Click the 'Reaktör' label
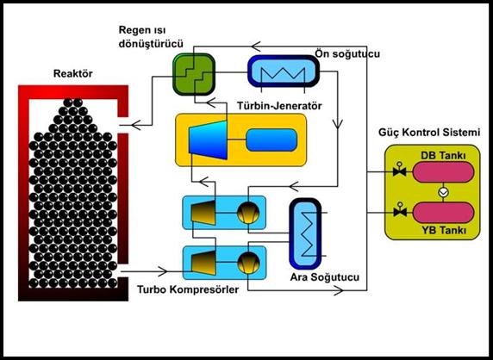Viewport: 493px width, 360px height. [x=72, y=74]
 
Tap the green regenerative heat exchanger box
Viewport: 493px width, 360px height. [x=194, y=74]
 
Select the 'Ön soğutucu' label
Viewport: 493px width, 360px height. [x=347, y=53]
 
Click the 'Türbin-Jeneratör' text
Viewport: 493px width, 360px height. [x=279, y=106]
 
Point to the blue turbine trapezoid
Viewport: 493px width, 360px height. [x=208, y=140]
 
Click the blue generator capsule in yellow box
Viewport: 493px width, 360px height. [x=271, y=140]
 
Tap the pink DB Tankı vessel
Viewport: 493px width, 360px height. [x=443, y=172]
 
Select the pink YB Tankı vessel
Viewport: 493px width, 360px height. [x=443, y=213]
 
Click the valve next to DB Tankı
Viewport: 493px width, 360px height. [x=400, y=170]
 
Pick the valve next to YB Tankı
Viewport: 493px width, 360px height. [x=400, y=210]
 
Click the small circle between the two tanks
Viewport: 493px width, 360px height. [x=443, y=192]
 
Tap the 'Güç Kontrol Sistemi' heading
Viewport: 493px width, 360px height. [x=429, y=133]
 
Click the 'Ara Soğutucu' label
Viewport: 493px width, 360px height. [x=324, y=277]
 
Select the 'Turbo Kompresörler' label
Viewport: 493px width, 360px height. [x=188, y=289]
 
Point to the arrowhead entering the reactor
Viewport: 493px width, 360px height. [x=136, y=125]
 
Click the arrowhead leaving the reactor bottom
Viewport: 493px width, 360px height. [x=162, y=271]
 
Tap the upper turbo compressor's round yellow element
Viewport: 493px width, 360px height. [x=248, y=213]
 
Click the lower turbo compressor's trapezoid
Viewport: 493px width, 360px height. [x=203, y=263]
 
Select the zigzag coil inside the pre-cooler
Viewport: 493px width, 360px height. [x=283, y=74]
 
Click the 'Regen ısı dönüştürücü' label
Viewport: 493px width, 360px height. [x=151, y=37]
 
